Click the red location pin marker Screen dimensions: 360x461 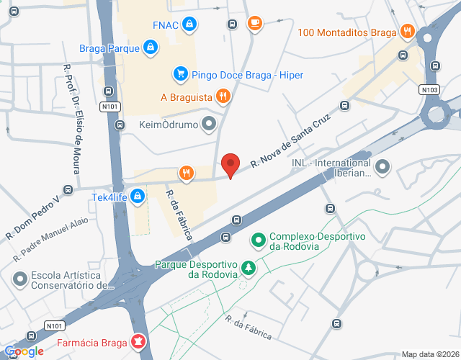click(230, 165)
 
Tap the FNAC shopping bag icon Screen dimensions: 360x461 click(189, 24)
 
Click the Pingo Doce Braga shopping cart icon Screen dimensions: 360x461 click(179, 73)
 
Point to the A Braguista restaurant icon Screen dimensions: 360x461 click(224, 96)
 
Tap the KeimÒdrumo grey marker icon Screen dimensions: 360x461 click(210, 124)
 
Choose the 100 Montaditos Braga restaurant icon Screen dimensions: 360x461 click(408, 31)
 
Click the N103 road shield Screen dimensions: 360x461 click(429, 89)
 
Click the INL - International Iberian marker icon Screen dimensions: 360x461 click(382, 168)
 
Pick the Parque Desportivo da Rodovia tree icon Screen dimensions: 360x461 click(249, 268)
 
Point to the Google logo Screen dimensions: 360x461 click(24, 351)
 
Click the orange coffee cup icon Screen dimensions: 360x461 click(254, 24)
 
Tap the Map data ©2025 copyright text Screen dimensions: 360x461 click(430, 354)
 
